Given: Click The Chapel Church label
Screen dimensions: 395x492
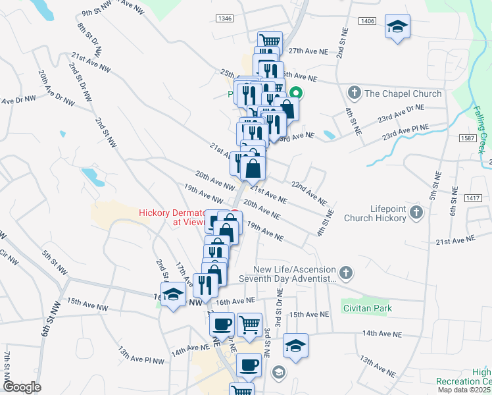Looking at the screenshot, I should pos(403,93).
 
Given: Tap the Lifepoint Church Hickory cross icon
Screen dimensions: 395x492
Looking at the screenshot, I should pos(416,212).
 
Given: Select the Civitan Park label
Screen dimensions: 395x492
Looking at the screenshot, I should pos(366,308).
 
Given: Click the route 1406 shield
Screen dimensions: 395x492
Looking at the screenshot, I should pos(368,22).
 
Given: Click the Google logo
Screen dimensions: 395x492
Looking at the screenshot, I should pos(22,386).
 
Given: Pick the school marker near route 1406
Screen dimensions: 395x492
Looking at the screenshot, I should pos(397,27).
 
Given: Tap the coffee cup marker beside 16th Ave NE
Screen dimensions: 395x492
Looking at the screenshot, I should pos(222,324).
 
